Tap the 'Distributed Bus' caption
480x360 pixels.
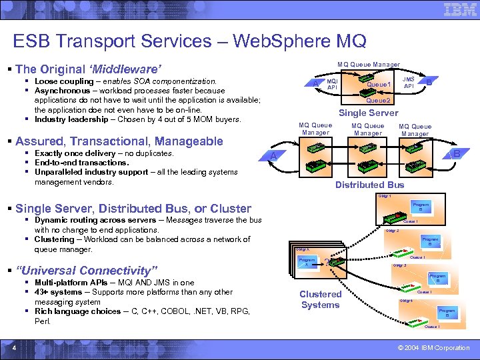pos(369,185)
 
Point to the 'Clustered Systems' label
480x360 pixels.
pos(320,299)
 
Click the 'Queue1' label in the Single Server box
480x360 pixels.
pos(378,85)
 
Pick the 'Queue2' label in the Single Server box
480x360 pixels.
pos(378,100)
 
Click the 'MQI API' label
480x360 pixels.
pos(332,84)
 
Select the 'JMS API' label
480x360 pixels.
pos(409,82)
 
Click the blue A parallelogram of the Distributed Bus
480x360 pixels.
pos(273,155)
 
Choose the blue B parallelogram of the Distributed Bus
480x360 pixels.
pos(457,154)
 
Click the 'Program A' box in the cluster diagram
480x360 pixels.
pos(307,262)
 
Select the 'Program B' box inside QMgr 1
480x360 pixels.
pos(421,207)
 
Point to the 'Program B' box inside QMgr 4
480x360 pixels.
pos(447,313)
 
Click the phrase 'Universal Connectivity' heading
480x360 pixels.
pos(87,271)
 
